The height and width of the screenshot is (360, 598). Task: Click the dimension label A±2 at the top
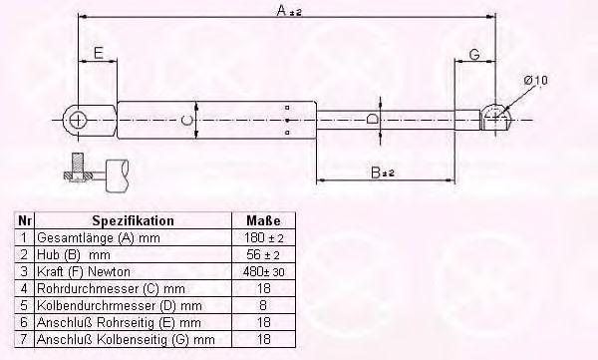coord(289,11)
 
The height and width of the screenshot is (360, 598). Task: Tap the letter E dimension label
coord(98,53)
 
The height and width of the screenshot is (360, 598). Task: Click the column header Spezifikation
coord(134,220)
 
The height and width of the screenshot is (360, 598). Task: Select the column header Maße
coord(263,220)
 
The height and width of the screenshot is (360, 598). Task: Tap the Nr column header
coord(25,220)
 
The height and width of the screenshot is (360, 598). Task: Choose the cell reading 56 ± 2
coord(263,254)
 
